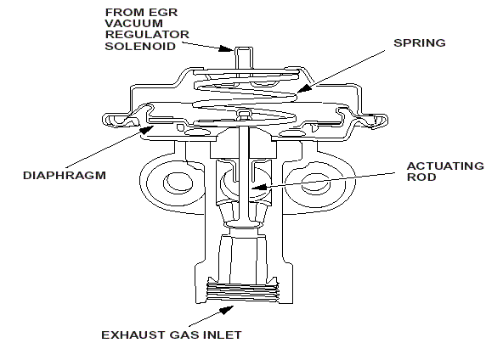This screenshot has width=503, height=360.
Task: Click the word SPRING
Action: coord(419,43)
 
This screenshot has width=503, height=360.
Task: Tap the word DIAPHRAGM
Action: coord(65,176)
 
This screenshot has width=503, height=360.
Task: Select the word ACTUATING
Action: coord(445,166)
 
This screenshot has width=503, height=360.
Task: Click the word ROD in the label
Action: coord(421,177)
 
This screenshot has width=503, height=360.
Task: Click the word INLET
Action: coord(223,335)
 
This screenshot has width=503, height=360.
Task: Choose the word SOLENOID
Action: coord(140,46)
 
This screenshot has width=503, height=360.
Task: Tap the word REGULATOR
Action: coord(147,35)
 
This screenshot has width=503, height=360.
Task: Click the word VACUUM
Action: coord(133,24)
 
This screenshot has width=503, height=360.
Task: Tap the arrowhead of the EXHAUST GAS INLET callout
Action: coord(226,310)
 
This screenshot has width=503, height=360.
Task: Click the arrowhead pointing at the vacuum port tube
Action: coord(226,48)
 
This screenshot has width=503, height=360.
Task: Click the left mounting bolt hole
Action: coord(178,183)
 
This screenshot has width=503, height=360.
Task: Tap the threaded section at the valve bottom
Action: coord(243,292)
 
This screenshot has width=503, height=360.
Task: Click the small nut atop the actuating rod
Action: coord(244,115)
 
